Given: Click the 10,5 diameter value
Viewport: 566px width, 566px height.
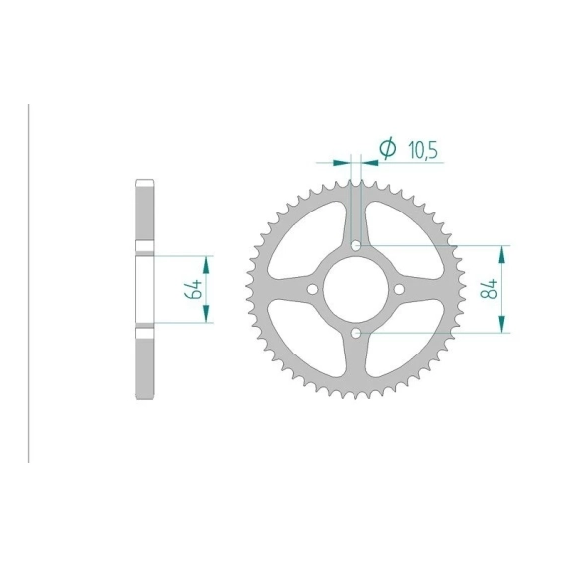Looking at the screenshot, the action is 423,150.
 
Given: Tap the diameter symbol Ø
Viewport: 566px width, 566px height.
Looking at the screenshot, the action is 388,148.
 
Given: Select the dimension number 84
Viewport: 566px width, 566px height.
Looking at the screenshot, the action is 489,288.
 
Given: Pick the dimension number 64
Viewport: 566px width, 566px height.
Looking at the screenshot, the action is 193,289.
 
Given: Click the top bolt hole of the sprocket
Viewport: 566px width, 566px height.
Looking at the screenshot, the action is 355,246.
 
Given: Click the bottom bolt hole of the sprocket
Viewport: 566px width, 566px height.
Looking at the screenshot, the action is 355,333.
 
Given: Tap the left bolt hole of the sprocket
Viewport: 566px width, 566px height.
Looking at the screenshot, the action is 312,289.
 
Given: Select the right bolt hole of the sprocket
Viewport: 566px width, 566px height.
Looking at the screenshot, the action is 399,289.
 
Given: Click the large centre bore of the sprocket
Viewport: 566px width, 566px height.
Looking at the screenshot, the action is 355,289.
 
